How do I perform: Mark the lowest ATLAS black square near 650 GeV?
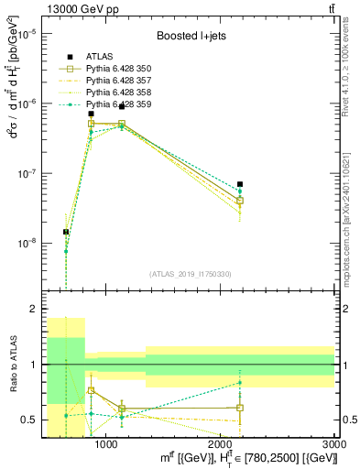pos(66,232)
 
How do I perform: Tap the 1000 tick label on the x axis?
pos(105,444)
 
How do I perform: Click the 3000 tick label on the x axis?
pos(334,444)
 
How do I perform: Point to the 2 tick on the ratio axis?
pos(35,310)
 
